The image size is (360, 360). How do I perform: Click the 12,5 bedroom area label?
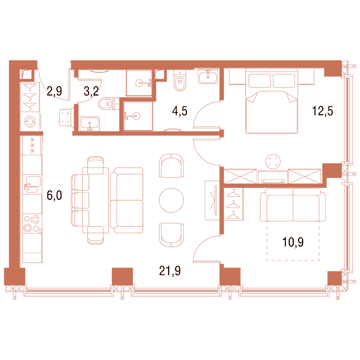[x=322, y=111]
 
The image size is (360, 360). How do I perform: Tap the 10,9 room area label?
[x=293, y=242]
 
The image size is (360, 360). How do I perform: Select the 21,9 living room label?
[x=170, y=271]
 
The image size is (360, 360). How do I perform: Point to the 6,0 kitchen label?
[x=54, y=196]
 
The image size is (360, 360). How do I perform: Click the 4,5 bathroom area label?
[x=180, y=111]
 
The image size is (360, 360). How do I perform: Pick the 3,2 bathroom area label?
[x=91, y=91]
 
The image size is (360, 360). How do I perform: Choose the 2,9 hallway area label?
[x=54, y=91]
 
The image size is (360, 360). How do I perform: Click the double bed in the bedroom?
[x=271, y=101]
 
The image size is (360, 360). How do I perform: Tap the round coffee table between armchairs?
[x=171, y=200]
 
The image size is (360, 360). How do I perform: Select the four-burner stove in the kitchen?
[x=32, y=224]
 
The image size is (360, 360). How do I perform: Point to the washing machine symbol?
[x=30, y=122]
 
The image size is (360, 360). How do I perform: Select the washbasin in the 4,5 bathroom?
[x=208, y=77]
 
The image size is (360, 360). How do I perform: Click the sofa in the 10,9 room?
[x=293, y=205]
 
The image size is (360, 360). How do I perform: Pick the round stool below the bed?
[x=273, y=161]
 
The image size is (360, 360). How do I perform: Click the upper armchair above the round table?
[x=171, y=166]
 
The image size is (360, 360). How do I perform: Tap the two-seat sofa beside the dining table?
[x=127, y=200]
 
